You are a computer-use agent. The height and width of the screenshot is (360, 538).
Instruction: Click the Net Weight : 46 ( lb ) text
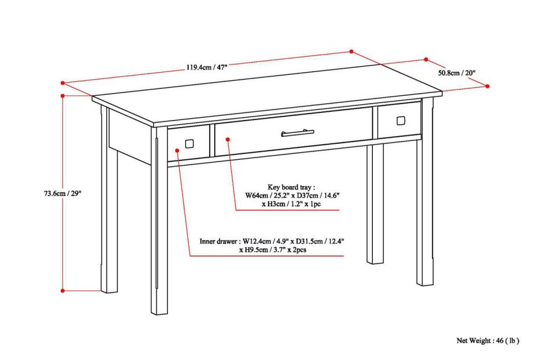coord(488,340)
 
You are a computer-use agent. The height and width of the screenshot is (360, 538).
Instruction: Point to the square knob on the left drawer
coord(189,144)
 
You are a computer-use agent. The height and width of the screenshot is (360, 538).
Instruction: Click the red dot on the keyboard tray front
coord(228,139)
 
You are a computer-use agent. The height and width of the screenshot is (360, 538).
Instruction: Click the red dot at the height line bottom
coord(63,291)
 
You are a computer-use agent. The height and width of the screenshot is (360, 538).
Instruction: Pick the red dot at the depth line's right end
coord(487,86)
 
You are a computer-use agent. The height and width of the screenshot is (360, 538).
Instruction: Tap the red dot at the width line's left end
coord(63,83)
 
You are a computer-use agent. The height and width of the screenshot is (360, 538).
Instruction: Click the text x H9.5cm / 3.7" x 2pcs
coord(273,250)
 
